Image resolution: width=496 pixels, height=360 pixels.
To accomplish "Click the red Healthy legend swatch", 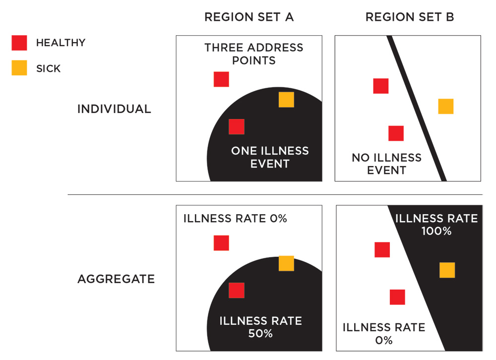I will [19, 43].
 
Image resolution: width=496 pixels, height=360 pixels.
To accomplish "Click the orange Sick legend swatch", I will [19, 68].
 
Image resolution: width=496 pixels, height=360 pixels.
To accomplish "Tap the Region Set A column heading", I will [249, 17].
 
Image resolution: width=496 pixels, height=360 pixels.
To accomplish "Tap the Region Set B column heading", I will [410, 17].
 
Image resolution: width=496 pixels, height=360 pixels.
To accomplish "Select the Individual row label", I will [114, 109].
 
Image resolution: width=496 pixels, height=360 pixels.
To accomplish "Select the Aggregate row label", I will [116, 279].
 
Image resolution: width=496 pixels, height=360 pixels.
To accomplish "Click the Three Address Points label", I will [253, 54].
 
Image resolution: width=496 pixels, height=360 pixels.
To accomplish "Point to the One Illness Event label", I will [270, 157].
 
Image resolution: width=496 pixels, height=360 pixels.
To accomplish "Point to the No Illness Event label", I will [386, 164].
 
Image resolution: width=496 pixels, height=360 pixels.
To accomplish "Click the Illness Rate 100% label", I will [437, 224].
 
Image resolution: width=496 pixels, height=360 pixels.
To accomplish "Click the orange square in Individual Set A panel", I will [286, 100].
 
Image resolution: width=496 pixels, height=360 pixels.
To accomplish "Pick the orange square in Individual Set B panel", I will [445, 106].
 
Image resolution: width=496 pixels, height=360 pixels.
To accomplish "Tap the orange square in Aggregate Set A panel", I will [286, 263].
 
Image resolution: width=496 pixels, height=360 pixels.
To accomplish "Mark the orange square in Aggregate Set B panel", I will [447, 270].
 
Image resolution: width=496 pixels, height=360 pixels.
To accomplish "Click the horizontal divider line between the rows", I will [275, 194].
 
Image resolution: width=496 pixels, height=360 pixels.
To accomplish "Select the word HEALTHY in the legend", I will [61, 43].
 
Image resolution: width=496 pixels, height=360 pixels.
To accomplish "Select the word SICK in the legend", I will [48, 68].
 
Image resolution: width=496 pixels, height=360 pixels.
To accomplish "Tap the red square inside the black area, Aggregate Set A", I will [236, 290].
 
